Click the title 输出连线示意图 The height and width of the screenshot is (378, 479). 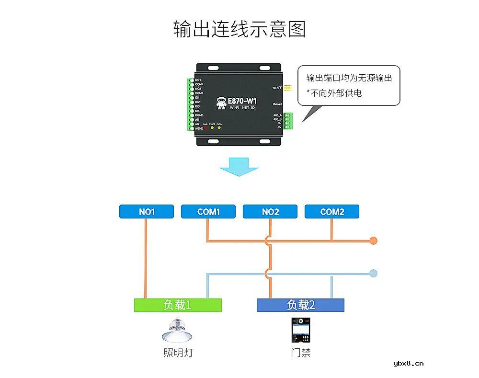[x=239, y=29]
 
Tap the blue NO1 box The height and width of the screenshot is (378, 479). [x=147, y=212]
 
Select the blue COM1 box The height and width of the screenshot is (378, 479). [x=208, y=212]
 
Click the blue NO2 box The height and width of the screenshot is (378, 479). [x=270, y=212]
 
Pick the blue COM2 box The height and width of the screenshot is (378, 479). [x=332, y=212]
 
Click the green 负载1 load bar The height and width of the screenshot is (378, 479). [x=178, y=305]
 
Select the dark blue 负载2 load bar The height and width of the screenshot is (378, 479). [x=300, y=305]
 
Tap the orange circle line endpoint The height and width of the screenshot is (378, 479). [x=374, y=241]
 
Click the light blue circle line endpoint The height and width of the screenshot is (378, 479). [x=374, y=274]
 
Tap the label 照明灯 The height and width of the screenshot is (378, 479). [x=178, y=354]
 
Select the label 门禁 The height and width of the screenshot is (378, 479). [x=300, y=354]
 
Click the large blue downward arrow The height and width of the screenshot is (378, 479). [x=239, y=166]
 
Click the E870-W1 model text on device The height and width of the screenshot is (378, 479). [x=242, y=101]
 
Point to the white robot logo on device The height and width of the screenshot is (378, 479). [x=221, y=103]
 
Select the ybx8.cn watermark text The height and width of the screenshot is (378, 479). [x=408, y=364]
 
